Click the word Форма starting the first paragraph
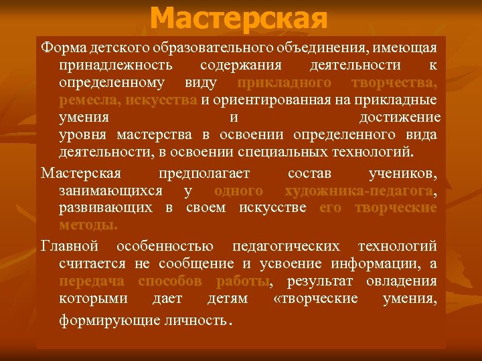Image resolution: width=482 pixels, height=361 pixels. coord(60,48)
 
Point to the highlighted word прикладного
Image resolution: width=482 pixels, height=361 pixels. coord(284,83)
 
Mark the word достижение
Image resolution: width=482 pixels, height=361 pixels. coord(400,118)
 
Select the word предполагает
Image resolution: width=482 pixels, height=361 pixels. coord(204,174)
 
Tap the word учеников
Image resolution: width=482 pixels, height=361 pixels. coord(403,174)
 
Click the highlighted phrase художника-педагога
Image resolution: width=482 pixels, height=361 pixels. coord(359,191)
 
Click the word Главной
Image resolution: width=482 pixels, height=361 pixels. coord(70,246)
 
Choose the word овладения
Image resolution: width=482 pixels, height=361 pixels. coord(402,281)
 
